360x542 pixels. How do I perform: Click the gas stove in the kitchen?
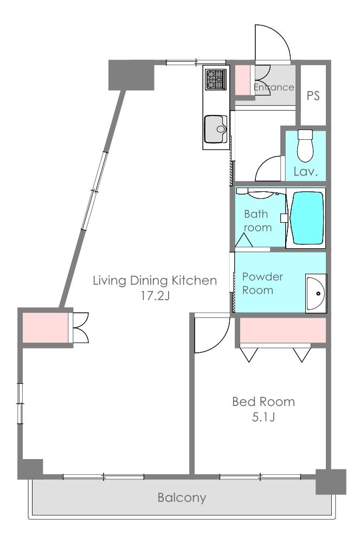[x=216, y=80]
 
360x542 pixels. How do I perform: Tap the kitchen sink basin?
[x=215, y=129]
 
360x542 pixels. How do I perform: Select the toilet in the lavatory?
[x=305, y=145]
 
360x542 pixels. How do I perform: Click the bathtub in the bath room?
[x=307, y=218]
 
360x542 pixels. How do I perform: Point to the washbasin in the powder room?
[x=316, y=293]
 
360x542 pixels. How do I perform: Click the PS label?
[x=313, y=95]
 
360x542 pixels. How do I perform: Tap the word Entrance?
[x=274, y=87]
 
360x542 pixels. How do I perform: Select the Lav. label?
[x=306, y=171]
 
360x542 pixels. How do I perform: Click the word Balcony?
[x=182, y=498]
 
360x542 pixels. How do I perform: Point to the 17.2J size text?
[x=155, y=296]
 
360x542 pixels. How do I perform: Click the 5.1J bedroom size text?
[x=263, y=417]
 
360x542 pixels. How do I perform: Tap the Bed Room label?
[x=263, y=402]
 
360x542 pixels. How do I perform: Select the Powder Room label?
[x=262, y=283]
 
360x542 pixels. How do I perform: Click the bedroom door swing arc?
[x=221, y=341]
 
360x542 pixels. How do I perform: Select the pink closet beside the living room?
[x=45, y=327]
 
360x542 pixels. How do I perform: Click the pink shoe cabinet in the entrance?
[x=242, y=80]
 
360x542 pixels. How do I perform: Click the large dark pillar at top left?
[x=131, y=75]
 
